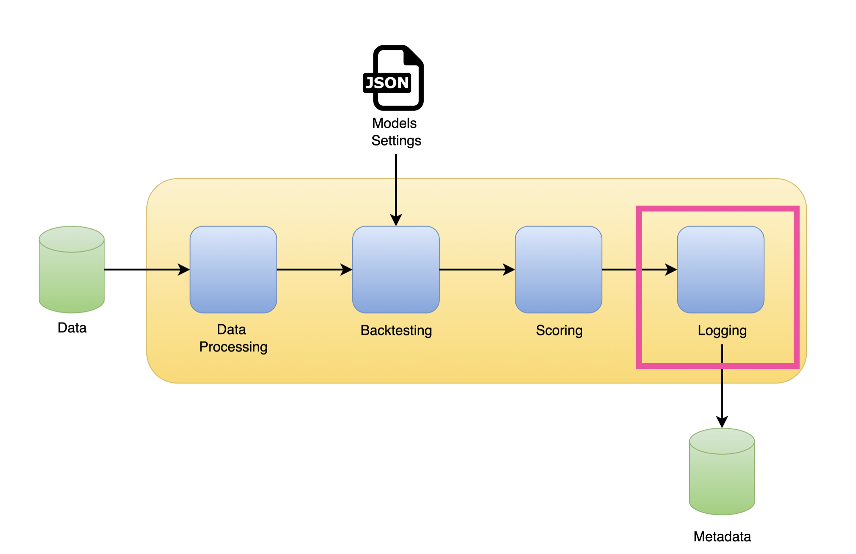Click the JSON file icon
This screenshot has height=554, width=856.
click(x=394, y=78)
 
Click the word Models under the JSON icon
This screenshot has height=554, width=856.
click(x=394, y=124)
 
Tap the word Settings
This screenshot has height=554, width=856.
click(x=396, y=141)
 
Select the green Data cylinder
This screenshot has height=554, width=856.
click(x=72, y=270)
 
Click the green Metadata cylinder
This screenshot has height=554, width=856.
click(x=721, y=472)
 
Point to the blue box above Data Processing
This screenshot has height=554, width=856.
click(x=233, y=270)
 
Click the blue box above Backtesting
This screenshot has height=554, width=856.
click(x=396, y=270)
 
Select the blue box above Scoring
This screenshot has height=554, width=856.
click(x=558, y=270)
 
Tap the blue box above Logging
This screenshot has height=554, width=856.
click(x=720, y=270)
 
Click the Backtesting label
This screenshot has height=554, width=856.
click(x=396, y=330)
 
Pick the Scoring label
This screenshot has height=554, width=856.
click(x=559, y=330)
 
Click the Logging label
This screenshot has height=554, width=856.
click(x=722, y=330)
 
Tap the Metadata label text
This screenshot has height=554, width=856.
click(x=722, y=537)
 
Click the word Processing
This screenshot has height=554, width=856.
click(x=233, y=347)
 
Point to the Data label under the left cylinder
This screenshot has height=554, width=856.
click(x=72, y=328)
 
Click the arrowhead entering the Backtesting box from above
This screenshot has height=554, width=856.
click(x=396, y=220)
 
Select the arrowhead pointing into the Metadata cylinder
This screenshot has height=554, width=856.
click(x=722, y=422)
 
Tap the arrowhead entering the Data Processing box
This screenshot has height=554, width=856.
click(x=184, y=270)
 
